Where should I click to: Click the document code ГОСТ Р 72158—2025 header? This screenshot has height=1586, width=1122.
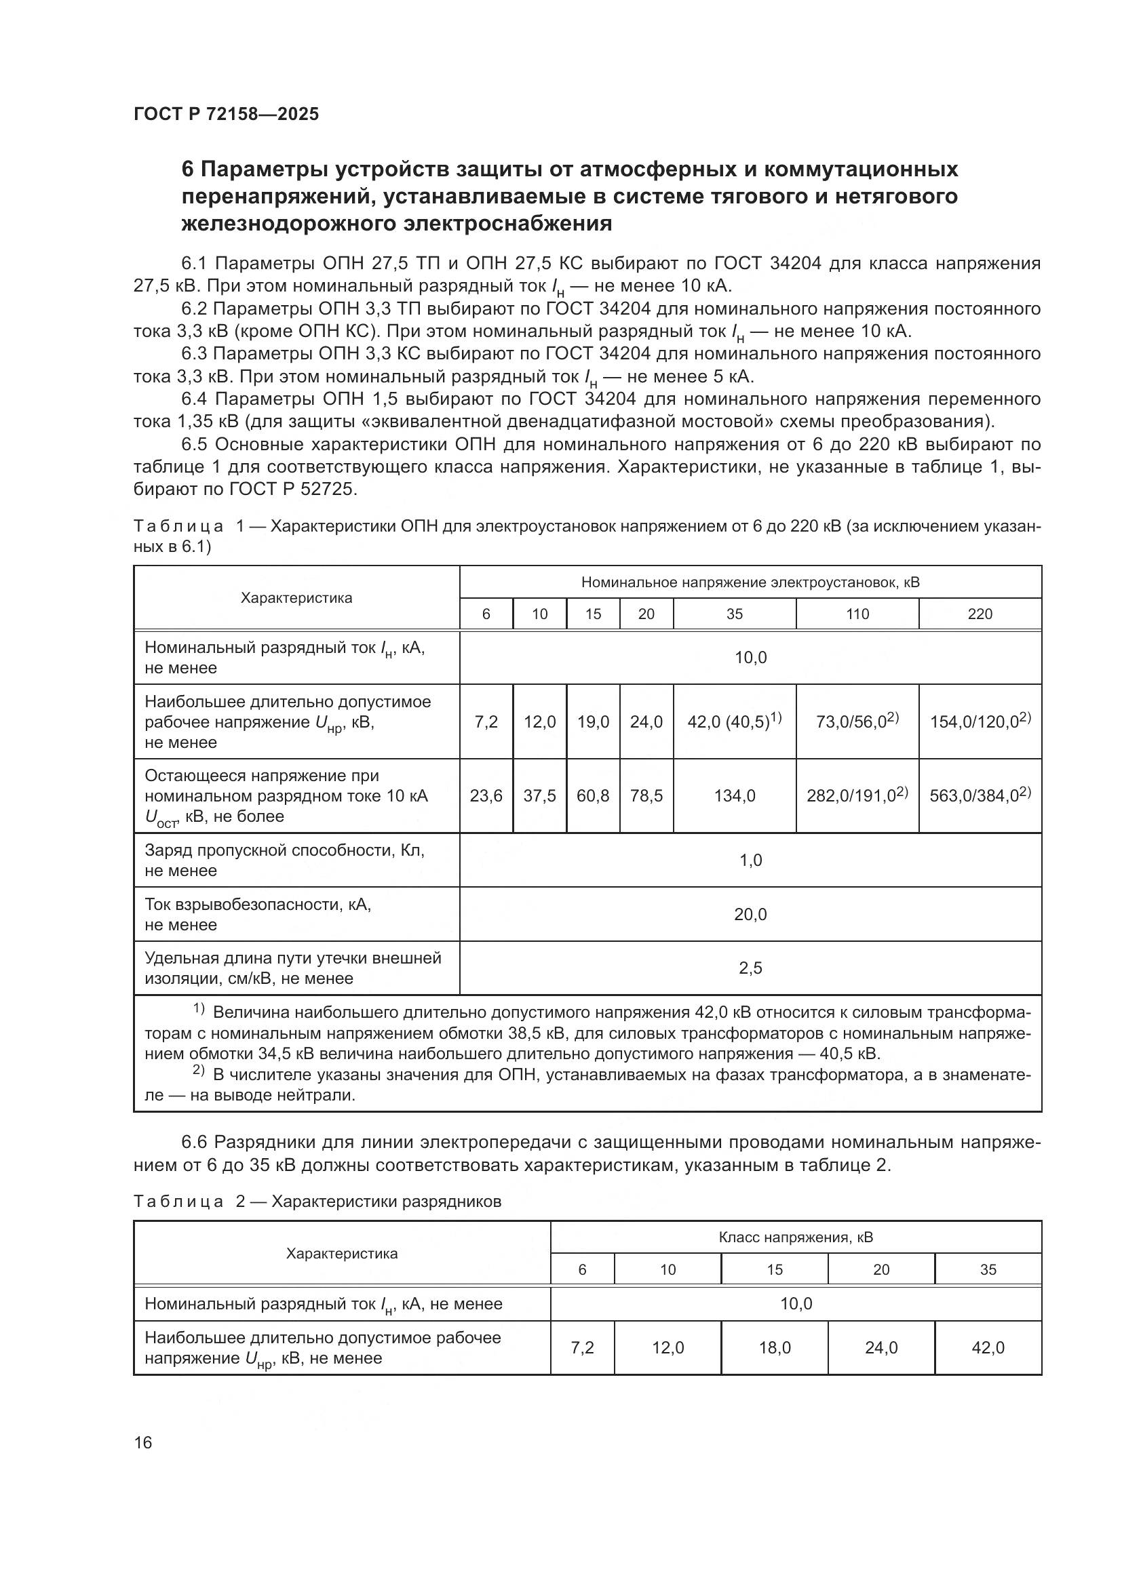(226, 115)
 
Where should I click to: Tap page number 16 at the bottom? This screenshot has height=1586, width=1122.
(143, 1443)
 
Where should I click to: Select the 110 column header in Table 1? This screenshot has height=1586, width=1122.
(857, 614)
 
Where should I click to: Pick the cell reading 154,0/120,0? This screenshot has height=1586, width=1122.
(979, 722)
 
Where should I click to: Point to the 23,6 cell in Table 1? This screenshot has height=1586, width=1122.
(486, 796)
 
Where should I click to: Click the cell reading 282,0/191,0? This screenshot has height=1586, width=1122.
(857, 796)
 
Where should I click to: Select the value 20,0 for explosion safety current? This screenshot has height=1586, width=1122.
(750, 914)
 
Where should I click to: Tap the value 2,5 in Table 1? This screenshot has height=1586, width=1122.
(750, 968)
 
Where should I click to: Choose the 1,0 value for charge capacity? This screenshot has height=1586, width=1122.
(750, 860)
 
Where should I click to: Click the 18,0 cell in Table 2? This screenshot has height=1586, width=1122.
(775, 1348)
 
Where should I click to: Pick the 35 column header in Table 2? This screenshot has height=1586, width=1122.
(988, 1269)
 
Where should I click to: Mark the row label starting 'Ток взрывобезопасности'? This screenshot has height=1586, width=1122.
(258, 905)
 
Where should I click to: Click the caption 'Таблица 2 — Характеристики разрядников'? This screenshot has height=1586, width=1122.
(317, 1202)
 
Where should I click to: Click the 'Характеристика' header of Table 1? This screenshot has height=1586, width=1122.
(296, 598)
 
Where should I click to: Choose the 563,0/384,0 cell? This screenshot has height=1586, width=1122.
(979, 796)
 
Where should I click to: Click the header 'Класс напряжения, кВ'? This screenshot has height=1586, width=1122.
(795, 1237)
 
